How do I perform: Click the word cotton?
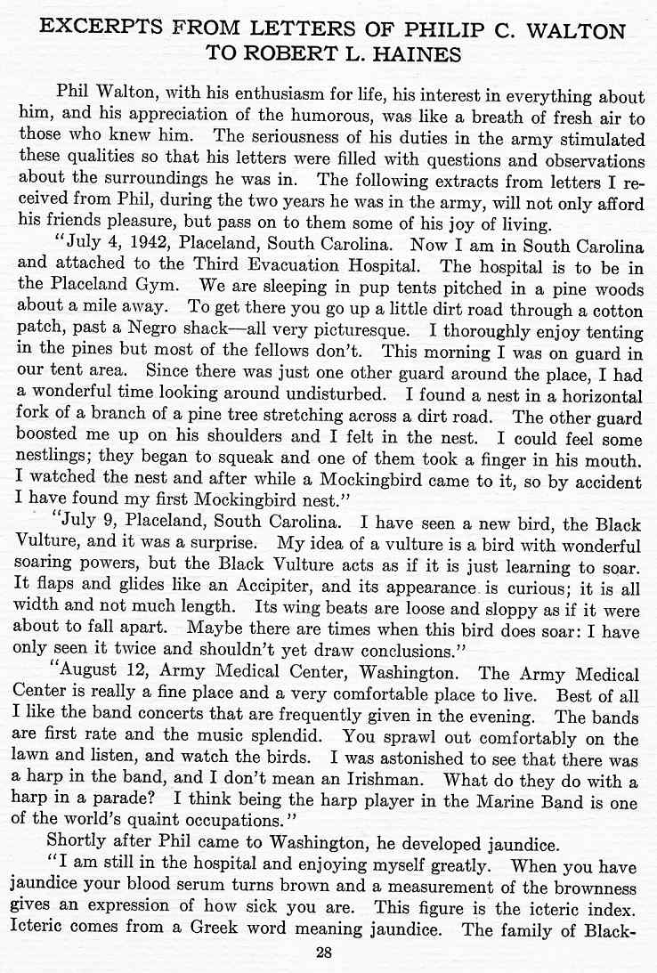point(615,310)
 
